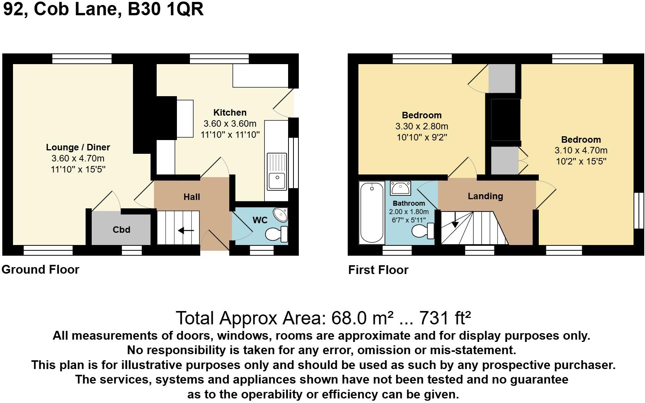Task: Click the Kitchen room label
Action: click(x=230, y=113)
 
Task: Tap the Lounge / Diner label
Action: click(x=78, y=147)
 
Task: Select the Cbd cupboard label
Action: click(x=122, y=229)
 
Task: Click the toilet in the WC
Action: click(x=276, y=234)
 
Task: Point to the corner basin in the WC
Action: click(x=281, y=215)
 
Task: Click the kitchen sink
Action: click(x=277, y=172)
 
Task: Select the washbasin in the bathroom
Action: click(x=400, y=188)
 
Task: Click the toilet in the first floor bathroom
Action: click(x=423, y=231)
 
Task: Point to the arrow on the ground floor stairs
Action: click(x=186, y=231)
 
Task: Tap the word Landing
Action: click(x=485, y=196)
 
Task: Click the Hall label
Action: click(x=192, y=197)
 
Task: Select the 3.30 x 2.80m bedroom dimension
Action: click(x=421, y=126)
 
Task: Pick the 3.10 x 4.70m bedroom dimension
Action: click(x=581, y=150)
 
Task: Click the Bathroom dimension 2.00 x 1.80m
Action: click(x=408, y=212)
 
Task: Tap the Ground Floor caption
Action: click(x=41, y=270)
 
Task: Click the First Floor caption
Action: click(x=378, y=270)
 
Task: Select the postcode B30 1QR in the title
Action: click(x=165, y=9)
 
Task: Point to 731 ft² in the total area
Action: click(x=445, y=318)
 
